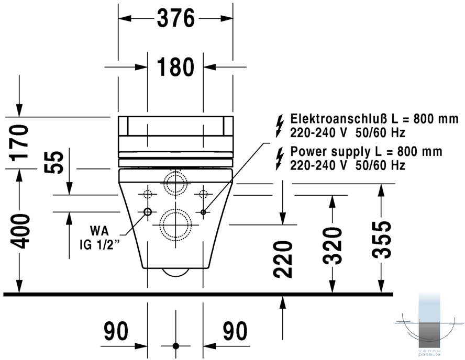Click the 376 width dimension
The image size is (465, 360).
pyautogui.click(x=175, y=18)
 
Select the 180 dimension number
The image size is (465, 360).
pyautogui.click(x=175, y=67)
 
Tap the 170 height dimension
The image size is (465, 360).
pyautogui.click(x=19, y=143)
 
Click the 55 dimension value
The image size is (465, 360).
pyautogui.click(x=54, y=162)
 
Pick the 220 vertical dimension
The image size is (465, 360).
pyautogui.click(x=283, y=260)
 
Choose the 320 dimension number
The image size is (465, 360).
pyautogui.click(x=332, y=245)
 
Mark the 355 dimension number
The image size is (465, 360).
pyautogui.click(x=382, y=240)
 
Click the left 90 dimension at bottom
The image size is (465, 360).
pyautogui.click(x=116, y=331)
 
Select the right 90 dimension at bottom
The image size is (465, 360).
pyautogui.click(x=235, y=331)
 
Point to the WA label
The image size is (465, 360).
pyautogui.click(x=99, y=231)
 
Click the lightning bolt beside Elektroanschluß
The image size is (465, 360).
pyautogui.click(x=279, y=126)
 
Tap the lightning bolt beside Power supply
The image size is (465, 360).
pyautogui.click(x=279, y=159)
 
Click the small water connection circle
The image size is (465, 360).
pyautogui.click(x=148, y=211)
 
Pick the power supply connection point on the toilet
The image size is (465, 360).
pyautogui.click(x=203, y=212)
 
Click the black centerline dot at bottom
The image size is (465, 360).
pyautogui.click(x=176, y=346)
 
